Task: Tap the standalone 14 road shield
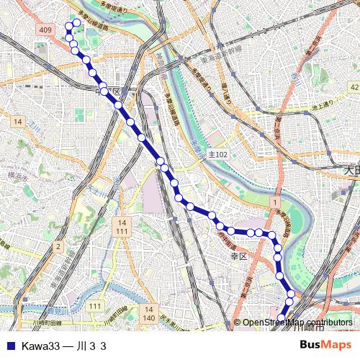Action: click(x=16, y=122)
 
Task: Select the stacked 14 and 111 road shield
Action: click(x=121, y=227)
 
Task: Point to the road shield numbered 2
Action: click(x=57, y=247)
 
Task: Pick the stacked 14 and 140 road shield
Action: click(x=148, y=313)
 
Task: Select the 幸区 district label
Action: click(x=238, y=256)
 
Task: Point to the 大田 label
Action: click(x=351, y=171)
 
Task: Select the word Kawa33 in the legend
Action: click(x=40, y=346)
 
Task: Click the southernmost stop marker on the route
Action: click(x=282, y=318)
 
